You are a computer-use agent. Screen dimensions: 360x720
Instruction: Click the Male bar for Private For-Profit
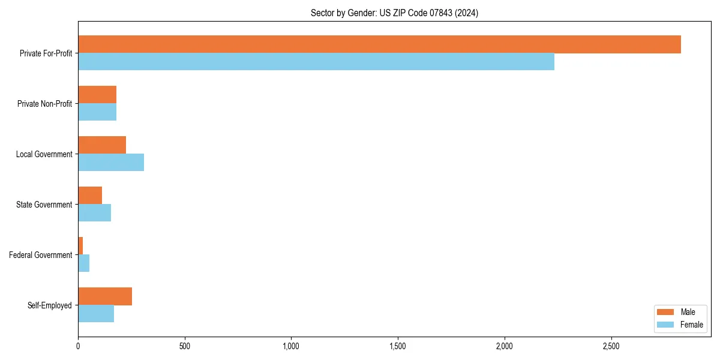pyautogui.click(x=379, y=44)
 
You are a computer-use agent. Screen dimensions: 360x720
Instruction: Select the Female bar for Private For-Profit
pyautogui.click(x=316, y=62)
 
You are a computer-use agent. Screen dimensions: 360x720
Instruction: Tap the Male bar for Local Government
pyautogui.click(x=102, y=145)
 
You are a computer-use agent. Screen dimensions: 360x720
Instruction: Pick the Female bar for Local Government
pyautogui.click(x=111, y=163)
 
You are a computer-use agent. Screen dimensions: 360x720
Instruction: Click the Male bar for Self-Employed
pyautogui.click(x=105, y=296)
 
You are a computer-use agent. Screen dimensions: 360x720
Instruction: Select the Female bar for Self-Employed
pyautogui.click(x=96, y=314)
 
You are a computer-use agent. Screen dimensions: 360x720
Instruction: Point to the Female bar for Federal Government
pyautogui.click(x=84, y=263)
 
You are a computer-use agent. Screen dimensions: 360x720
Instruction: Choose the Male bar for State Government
pyautogui.click(x=90, y=196)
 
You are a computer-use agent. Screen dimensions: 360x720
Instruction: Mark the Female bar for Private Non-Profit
pyautogui.click(x=97, y=112)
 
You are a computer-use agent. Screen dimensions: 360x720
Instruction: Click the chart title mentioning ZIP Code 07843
pyautogui.click(x=394, y=13)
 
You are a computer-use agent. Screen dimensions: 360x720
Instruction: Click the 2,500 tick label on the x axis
pyautogui.click(x=611, y=346)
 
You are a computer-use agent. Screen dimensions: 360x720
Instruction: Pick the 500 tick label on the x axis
pyautogui.click(x=185, y=346)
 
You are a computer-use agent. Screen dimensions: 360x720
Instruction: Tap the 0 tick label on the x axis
pyautogui.click(x=78, y=346)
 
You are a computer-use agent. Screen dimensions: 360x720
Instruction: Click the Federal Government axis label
pyautogui.click(x=41, y=255)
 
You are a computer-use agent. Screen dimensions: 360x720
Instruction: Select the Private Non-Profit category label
pyautogui.click(x=44, y=104)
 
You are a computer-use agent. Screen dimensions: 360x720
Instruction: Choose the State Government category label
pyautogui.click(x=44, y=205)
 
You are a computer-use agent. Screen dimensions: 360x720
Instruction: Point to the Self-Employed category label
pyautogui.click(x=50, y=305)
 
